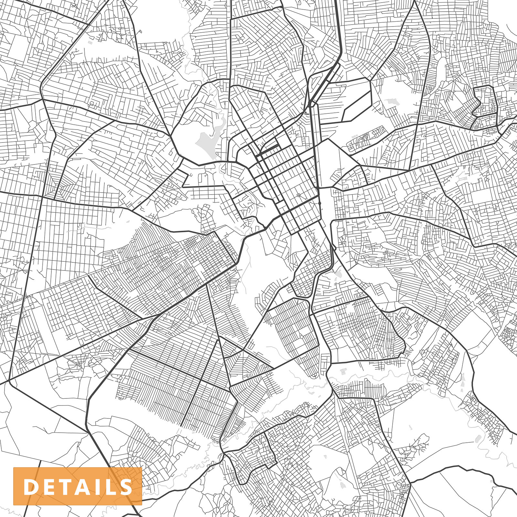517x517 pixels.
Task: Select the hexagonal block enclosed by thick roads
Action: (355, 100)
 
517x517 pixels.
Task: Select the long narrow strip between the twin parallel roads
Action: (315, 142)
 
